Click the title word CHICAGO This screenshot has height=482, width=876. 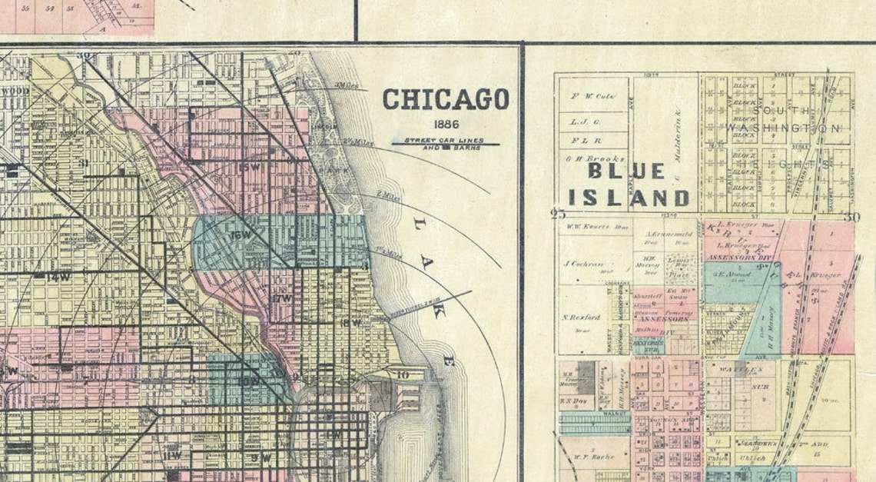[x=446, y=99]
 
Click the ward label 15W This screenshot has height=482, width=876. [x=249, y=167]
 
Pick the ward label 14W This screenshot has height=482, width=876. [x=58, y=276]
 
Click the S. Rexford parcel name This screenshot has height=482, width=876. [x=581, y=317]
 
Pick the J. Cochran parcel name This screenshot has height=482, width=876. [x=582, y=263]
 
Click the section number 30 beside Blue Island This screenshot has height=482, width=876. [x=849, y=217]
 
